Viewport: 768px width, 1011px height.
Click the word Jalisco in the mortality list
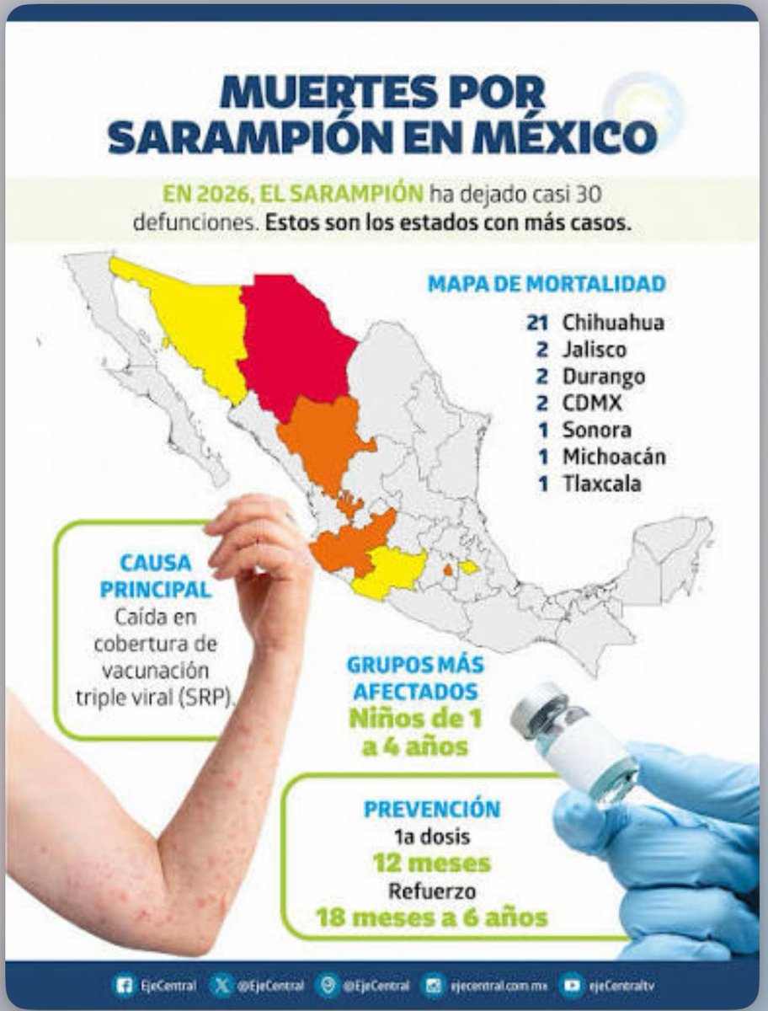(595, 349)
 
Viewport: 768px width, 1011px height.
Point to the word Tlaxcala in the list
(601, 484)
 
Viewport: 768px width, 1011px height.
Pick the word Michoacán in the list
(614, 457)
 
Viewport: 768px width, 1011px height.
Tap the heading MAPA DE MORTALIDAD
(547, 284)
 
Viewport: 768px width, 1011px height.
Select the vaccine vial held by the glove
(573, 741)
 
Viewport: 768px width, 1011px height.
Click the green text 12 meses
(432, 864)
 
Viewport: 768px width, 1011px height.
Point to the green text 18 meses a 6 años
(432, 916)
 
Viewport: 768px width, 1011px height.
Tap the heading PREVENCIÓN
(432, 809)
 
